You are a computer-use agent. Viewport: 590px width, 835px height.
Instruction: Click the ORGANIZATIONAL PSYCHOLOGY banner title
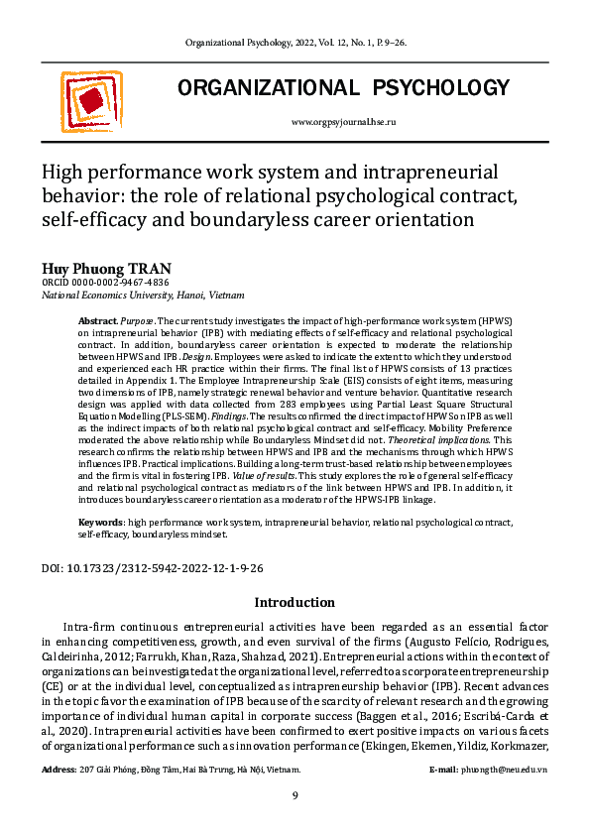coord(343,89)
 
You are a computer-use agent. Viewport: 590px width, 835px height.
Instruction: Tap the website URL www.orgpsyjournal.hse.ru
coord(343,121)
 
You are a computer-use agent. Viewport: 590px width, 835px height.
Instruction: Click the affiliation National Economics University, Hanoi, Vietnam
coord(143,296)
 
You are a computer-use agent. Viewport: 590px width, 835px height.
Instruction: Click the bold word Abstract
coord(97,322)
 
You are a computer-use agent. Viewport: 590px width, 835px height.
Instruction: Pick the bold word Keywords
coord(101,521)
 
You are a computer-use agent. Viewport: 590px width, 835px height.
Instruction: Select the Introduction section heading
coord(295,602)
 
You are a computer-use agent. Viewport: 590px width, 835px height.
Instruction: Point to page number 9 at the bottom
coord(295,796)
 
